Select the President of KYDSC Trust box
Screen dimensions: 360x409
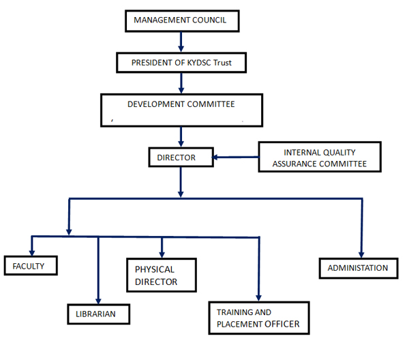click(180, 63)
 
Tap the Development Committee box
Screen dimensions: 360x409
click(181, 109)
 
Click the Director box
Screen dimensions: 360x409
click(177, 157)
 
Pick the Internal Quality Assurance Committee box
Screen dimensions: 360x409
click(320, 157)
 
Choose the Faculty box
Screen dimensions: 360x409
click(28, 266)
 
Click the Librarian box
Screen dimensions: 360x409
click(99, 314)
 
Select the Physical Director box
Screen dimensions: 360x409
click(161, 275)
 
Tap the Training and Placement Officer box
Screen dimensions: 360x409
click(258, 318)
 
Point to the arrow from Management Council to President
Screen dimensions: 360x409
click(181, 42)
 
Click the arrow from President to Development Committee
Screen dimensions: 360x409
click(181, 83)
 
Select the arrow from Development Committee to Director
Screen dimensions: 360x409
click(181, 136)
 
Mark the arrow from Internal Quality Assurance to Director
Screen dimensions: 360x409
click(235, 158)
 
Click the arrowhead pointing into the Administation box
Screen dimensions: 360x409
click(361, 254)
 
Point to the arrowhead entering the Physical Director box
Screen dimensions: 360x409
click(162, 253)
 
